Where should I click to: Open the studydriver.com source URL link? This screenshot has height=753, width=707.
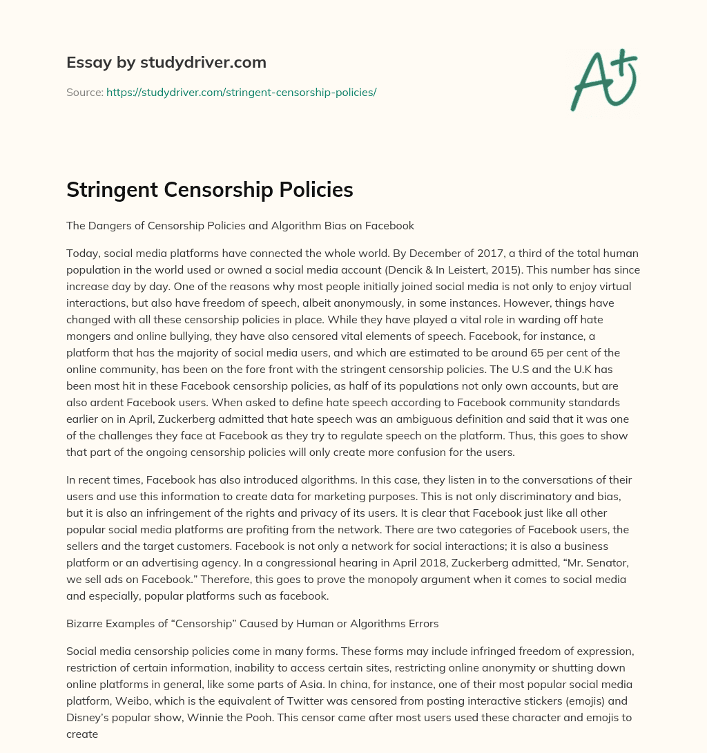(241, 92)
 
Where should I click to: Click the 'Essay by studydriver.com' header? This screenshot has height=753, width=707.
(166, 62)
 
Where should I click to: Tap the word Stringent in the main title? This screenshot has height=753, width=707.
(115, 189)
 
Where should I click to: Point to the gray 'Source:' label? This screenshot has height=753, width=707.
(84, 92)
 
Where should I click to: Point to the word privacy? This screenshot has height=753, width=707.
(354, 496)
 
